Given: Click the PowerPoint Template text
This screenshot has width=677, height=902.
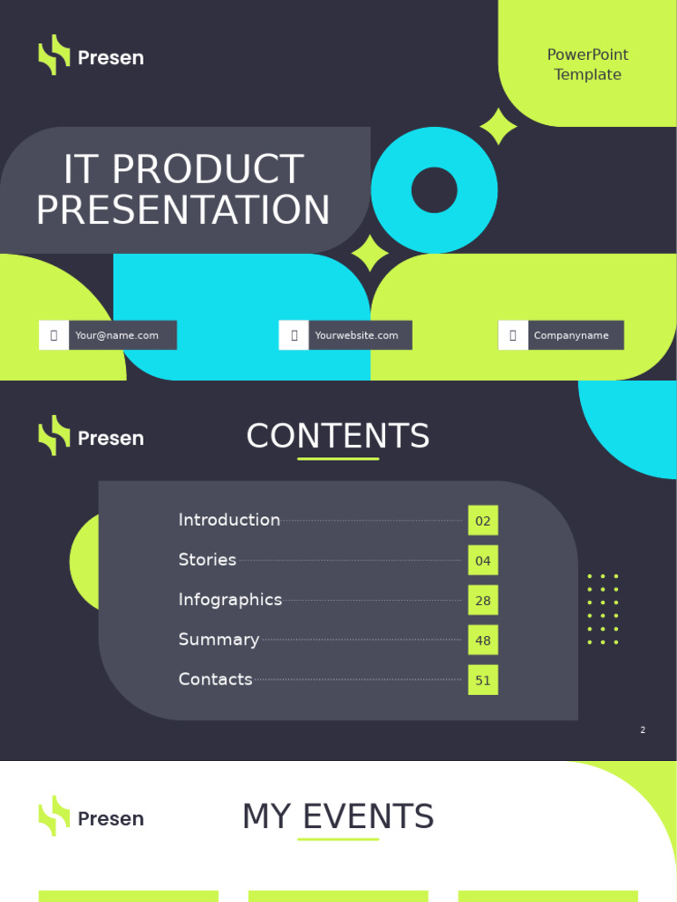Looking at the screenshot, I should (x=588, y=64).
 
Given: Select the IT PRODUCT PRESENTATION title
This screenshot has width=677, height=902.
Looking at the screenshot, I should (x=183, y=189).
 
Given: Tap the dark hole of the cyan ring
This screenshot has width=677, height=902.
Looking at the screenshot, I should (x=435, y=189).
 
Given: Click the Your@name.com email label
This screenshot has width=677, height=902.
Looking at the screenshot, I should (x=117, y=336).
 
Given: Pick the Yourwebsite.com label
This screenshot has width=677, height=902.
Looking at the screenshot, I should (x=356, y=336).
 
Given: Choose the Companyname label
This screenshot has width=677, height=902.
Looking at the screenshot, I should (x=571, y=336).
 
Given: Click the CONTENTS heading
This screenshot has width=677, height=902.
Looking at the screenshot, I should (x=338, y=436).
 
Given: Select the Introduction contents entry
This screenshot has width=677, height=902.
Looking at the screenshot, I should (x=229, y=520).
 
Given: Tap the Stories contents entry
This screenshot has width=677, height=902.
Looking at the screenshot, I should (x=207, y=559).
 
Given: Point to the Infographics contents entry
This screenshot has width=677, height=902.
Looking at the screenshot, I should (x=230, y=600).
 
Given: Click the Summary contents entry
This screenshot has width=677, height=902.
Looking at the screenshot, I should (x=219, y=640).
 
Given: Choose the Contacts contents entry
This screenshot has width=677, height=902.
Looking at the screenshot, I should (x=215, y=679).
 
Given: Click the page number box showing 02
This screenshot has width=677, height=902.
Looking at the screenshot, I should (x=483, y=521).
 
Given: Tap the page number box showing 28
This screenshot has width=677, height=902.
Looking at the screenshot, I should (x=483, y=601).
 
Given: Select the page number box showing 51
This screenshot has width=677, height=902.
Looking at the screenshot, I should (x=483, y=680).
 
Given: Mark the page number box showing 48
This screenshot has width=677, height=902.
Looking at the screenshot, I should (x=483, y=640).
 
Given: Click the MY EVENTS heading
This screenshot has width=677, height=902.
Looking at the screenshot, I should (x=338, y=817).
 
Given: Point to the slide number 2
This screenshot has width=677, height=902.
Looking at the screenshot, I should (x=643, y=730).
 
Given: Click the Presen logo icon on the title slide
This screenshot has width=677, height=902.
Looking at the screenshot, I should (x=54, y=55).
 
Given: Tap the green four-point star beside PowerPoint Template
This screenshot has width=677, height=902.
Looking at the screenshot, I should (x=499, y=127).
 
